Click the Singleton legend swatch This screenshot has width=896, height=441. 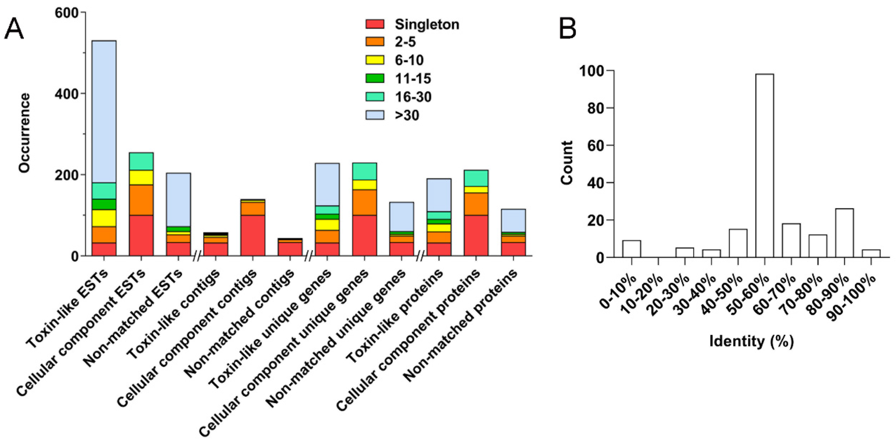[x=375, y=24]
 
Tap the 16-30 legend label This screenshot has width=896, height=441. [x=413, y=97]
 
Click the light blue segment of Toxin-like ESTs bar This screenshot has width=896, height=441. [x=104, y=111]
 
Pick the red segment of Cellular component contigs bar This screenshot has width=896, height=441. [x=253, y=235]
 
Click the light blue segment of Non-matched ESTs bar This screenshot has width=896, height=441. [x=178, y=199]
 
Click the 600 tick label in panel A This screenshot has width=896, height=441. [x=67, y=13]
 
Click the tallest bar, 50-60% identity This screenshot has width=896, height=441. [x=764, y=165]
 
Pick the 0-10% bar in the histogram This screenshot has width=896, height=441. [x=632, y=249]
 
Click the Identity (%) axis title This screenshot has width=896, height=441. [x=751, y=341]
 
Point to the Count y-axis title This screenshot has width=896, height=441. [x=567, y=162]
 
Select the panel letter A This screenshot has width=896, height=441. [x=14, y=29]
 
